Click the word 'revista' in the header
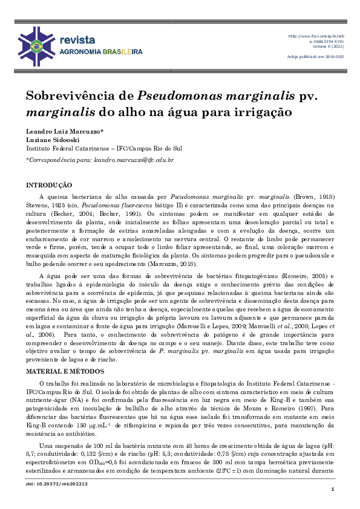coord(77,39)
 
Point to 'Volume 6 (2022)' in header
coord(328,47)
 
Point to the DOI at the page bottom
coord(48,484)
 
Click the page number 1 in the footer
coord(333,488)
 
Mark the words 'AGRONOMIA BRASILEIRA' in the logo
coord(100,52)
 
